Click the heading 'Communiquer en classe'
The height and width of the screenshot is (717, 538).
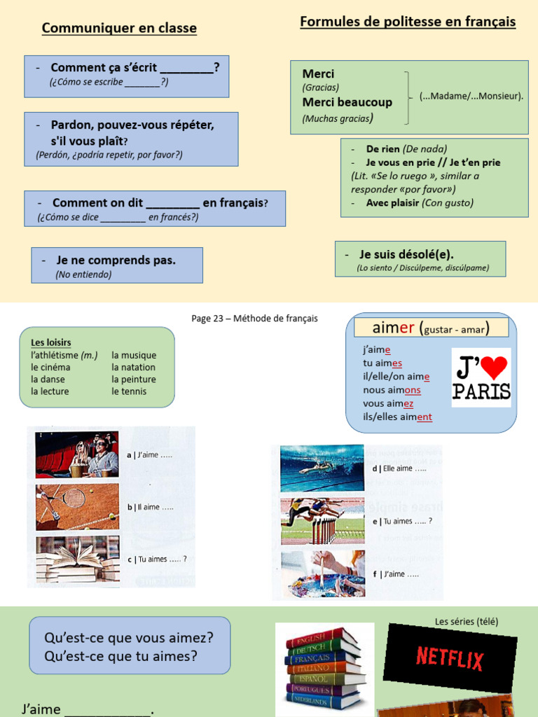[x=119, y=28]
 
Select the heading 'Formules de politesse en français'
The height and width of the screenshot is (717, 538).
[x=408, y=22]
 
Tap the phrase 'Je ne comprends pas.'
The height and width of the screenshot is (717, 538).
[x=116, y=260]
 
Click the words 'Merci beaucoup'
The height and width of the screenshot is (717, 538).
[x=347, y=102]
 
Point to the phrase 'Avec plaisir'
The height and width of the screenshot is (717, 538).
[x=392, y=203]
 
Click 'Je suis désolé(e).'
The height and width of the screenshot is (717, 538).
[x=406, y=255]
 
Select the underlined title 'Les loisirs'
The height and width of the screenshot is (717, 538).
[x=50, y=342]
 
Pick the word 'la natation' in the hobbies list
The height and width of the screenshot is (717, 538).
[x=133, y=367]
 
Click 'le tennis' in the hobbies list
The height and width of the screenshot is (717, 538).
[x=129, y=391]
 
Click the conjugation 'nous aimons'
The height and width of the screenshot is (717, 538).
[x=392, y=390]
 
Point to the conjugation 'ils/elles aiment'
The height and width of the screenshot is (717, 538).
[x=397, y=417]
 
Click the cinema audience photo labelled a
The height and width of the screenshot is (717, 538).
[x=77, y=454]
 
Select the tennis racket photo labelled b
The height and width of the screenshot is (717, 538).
[x=77, y=506]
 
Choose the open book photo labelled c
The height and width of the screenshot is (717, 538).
[x=77, y=559]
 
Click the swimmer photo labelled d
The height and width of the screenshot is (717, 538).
[x=322, y=468]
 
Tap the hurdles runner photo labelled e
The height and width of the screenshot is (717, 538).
[x=322, y=521]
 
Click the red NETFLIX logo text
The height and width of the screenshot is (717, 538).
[x=450, y=658]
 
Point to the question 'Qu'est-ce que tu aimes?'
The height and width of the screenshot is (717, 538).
[x=120, y=656]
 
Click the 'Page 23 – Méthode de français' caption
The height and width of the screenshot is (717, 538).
[x=254, y=319]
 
